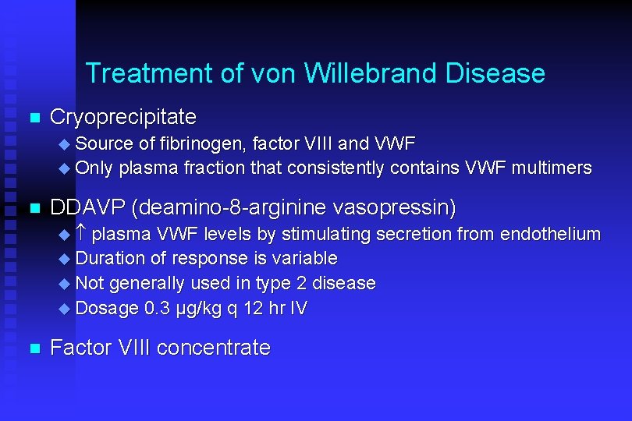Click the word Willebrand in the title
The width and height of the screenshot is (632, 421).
(371, 73)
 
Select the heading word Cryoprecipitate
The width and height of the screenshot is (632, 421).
(122, 118)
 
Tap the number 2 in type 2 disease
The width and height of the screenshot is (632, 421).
(301, 283)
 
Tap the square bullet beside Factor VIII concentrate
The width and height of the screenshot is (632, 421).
(33, 349)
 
